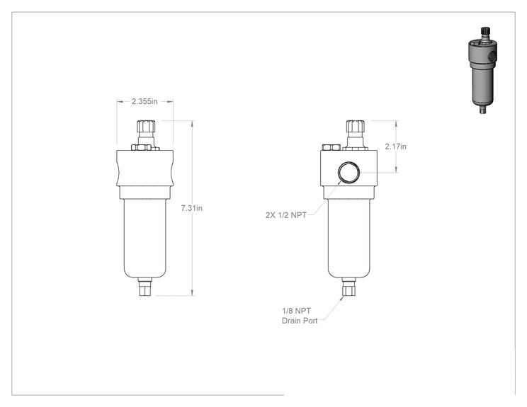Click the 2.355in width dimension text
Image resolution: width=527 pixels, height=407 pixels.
144,101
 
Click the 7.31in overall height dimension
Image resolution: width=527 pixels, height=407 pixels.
191,208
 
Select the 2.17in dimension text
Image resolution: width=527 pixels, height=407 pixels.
395,147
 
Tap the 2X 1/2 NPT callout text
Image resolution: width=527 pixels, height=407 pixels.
286,215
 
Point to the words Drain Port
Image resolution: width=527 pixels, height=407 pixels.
300,321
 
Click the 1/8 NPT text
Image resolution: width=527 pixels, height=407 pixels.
296,311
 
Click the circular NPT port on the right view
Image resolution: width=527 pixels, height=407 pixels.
348,173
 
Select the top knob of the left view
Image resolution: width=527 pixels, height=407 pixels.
147,126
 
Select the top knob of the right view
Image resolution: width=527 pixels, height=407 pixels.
356,126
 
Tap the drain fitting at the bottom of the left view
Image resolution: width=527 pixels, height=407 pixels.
145,287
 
